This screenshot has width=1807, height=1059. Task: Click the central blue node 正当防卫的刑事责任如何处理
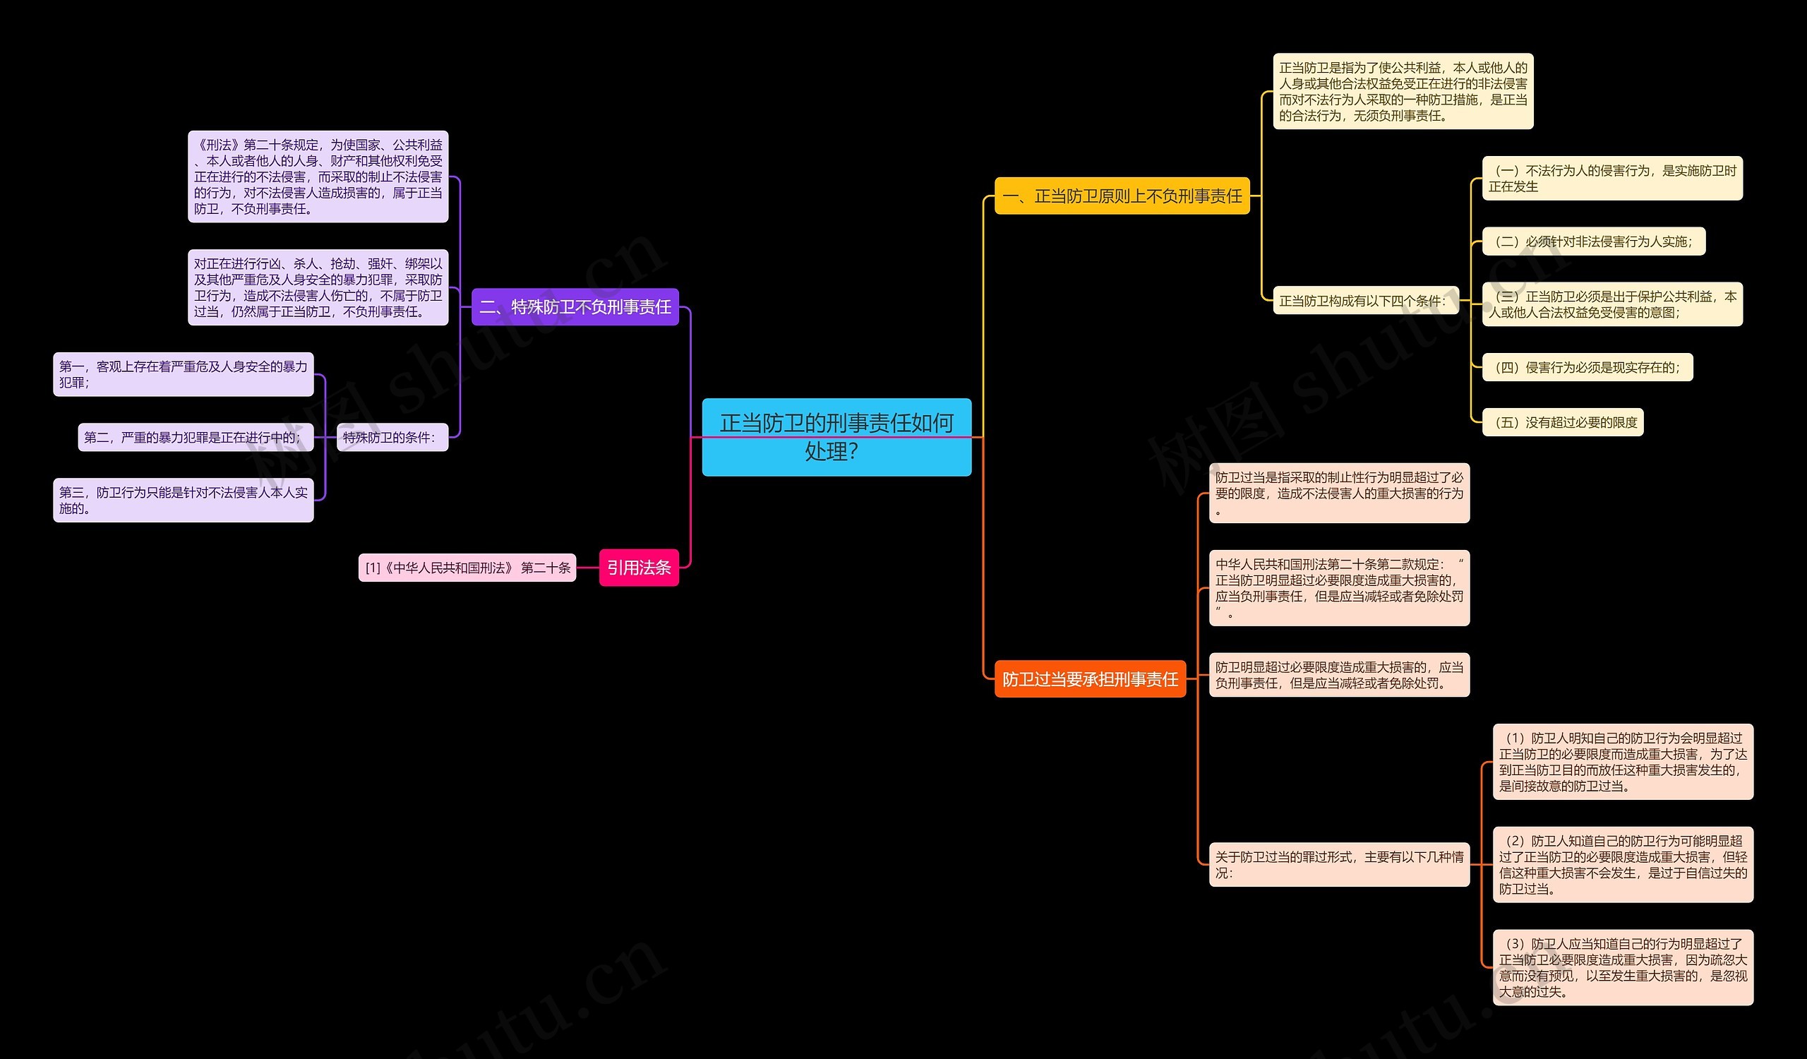pyautogui.click(x=836, y=436)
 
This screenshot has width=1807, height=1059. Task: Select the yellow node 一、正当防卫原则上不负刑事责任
pyautogui.click(x=1122, y=196)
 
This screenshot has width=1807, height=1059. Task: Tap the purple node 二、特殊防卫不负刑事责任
pyautogui.click(x=575, y=307)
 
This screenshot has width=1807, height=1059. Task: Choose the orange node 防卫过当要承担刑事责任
pyautogui.click(x=1089, y=678)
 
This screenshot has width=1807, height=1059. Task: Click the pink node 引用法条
pyautogui.click(x=638, y=567)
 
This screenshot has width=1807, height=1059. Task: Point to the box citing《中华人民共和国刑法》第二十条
pyautogui.click(x=467, y=568)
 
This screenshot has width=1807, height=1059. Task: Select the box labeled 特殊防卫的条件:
pyautogui.click(x=392, y=437)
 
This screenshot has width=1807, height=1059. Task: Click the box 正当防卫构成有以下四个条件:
pyautogui.click(x=1364, y=301)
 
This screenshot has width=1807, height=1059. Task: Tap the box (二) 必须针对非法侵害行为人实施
pyautogui.click(x=1592, y=241)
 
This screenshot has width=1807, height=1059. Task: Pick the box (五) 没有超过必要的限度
pyautogui.click(x=1562, y=422)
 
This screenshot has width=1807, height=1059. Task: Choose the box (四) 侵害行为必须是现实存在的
pyautogui.click(x=1586, y=367)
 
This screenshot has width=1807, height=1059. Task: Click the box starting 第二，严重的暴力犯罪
pyautogui.click(x=195, y=437)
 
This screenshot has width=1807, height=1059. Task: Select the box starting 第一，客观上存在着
pyautogui.click(x=183, y=374)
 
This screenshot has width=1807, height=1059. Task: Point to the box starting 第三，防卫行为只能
pyautogui.click(x=183, y=500)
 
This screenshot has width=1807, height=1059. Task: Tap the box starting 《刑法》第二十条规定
pyautogui.click(x=318, y=176)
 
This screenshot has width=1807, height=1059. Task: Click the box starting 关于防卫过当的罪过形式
pyautogui.click(x=1339, y=864)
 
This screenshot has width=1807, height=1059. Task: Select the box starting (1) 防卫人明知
pyautogui.click(x=1622, y=762)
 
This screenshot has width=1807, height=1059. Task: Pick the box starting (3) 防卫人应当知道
pyautogui.click(x=1622, y=967)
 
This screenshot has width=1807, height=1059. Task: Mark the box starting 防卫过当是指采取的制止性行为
pyautogui.click(x=1339, y=493)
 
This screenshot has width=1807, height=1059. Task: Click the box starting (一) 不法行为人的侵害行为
pyautogui.click(x=1611, y=179)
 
